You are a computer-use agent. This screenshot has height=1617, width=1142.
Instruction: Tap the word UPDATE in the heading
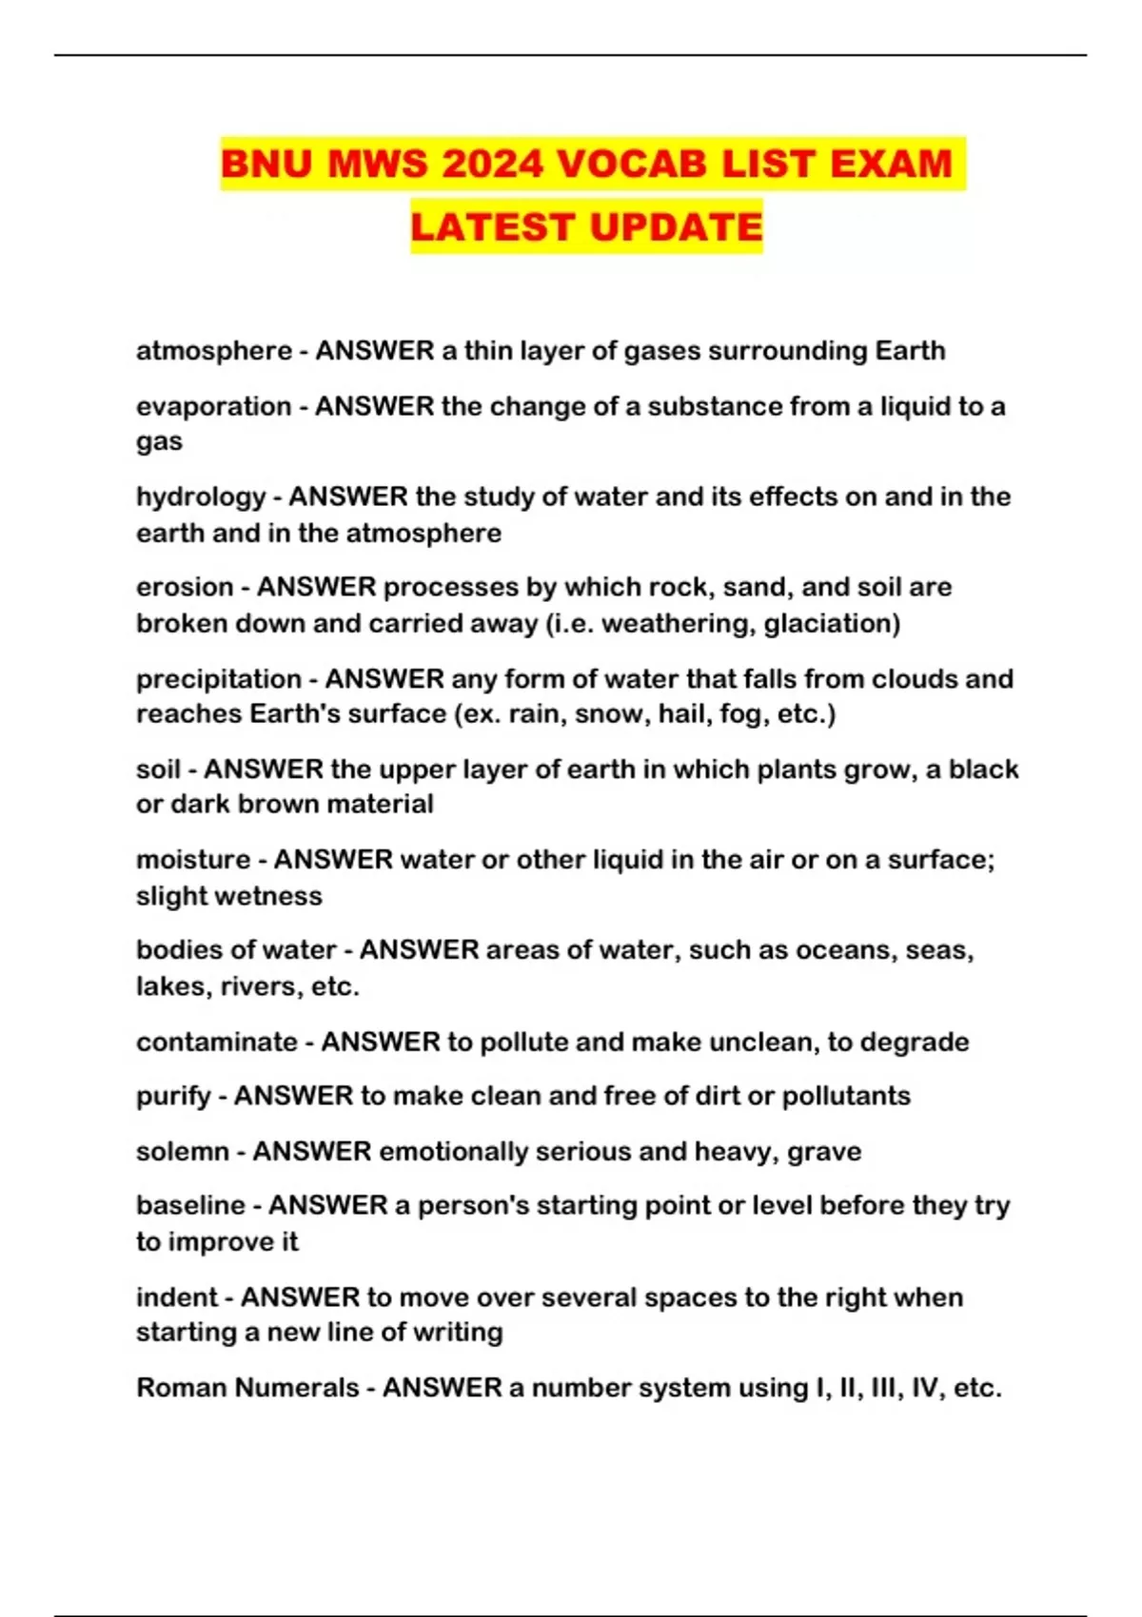[675, 227]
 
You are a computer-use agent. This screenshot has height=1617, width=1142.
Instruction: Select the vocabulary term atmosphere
[214, 351]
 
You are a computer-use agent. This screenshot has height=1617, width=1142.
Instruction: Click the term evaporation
[214, 406]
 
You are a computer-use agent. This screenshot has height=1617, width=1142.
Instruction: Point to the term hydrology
[201, 497]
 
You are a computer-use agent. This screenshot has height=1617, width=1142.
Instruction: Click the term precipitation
[219, 679]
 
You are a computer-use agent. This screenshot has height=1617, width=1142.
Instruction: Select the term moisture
[193, 860]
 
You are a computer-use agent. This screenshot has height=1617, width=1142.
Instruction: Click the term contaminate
[217, 1042]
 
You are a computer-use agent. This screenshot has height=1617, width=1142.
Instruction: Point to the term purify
[173, 1097]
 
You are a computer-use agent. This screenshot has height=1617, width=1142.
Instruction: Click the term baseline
[190, 1205]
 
